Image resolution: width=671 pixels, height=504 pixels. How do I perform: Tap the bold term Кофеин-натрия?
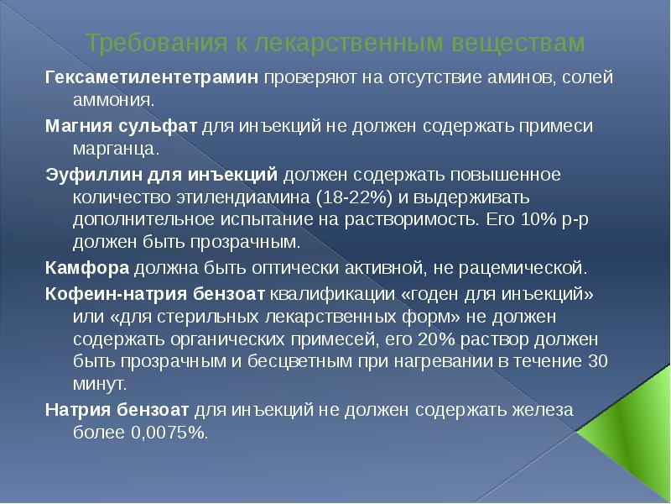coord(113,296)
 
